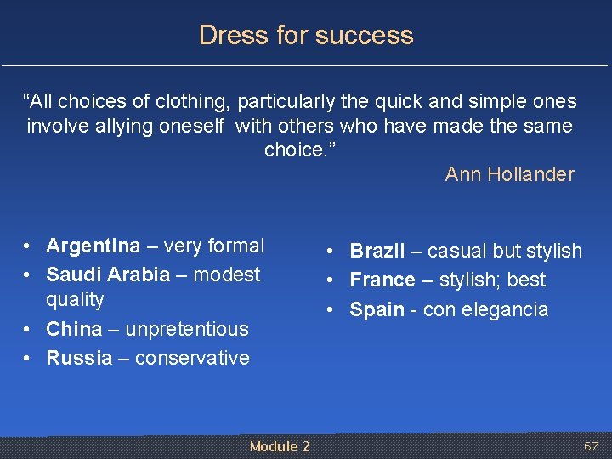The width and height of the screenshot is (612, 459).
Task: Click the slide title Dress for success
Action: click(306, 35)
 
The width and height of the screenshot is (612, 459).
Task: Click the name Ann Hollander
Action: click(509, 174)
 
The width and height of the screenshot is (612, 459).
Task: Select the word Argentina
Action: click(93, 246)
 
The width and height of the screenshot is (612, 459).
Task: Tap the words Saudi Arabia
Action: click(108, 275)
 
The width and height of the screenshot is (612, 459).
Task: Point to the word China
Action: click(74, 329)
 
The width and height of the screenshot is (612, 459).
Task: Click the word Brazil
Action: click(377, 252)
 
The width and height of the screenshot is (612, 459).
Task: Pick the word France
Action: click(382, 280)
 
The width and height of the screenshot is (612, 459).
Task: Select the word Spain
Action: click(377, 309)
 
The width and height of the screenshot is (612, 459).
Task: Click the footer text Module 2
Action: click(280, 446)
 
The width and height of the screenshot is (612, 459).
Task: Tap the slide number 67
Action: click(591, 446)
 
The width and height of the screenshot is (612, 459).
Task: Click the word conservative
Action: click(192, 358)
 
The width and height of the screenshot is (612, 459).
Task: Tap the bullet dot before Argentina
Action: click(29, 247)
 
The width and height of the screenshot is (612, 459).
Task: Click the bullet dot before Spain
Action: click(333, 310)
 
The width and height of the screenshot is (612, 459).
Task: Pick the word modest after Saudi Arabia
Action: click(227, 275)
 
